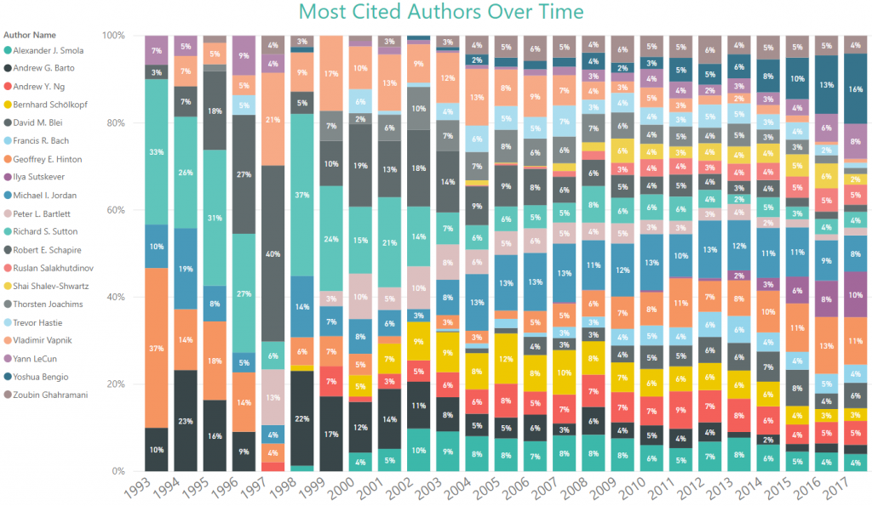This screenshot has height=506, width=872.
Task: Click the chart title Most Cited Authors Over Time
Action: (x=441, y=13)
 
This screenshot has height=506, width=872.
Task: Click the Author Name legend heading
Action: (x=30, y=35)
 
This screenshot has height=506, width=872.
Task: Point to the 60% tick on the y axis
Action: (x=113, y=210)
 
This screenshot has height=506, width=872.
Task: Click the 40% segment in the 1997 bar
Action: (x=273, y=253)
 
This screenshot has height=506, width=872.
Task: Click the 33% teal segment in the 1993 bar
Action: (x=157, y=152)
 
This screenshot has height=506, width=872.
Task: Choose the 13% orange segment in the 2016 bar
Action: (x=827, y=345)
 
